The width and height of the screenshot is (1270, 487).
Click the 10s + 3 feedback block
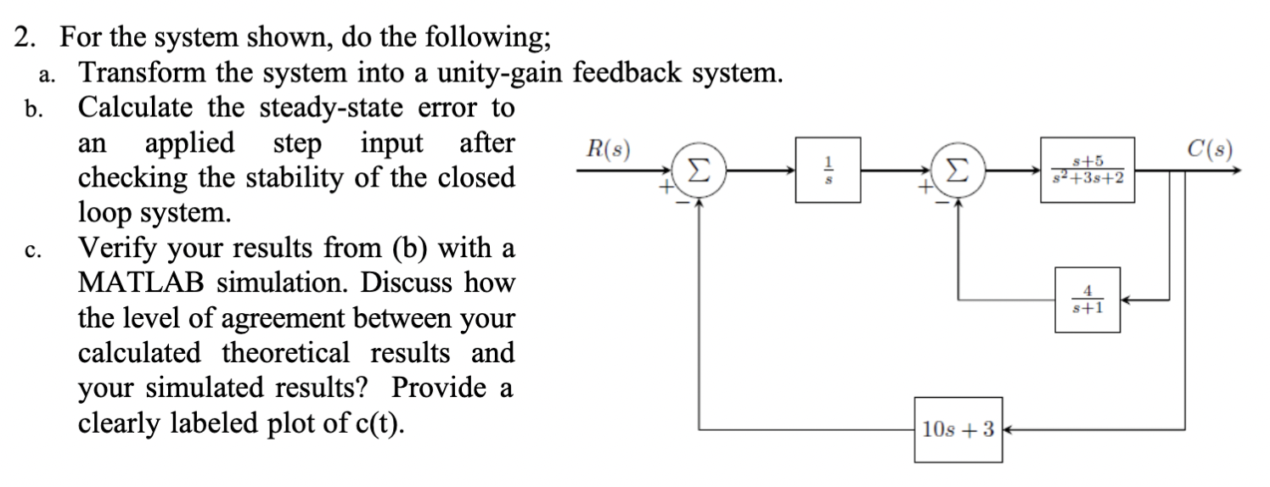coord(958,428)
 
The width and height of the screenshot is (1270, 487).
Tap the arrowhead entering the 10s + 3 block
coord(1009,429)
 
